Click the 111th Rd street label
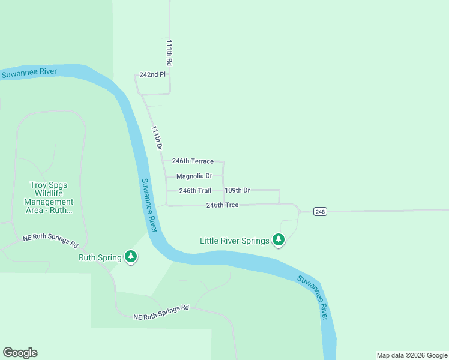tap(170, 53)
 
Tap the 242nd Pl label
tap(152, 75)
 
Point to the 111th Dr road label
tap(156, 138)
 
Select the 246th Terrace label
tap(193, 161)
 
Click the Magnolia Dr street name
tap(194, 176)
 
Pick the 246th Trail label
tap(195, 191)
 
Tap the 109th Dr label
tap(237, 190)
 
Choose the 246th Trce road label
tap(222, 205)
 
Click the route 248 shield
tap(320, 212)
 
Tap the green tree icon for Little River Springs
tap(278, 240)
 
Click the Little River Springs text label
tap(234, 241)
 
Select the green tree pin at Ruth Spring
tap(131, 257)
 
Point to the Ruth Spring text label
tap(100, 258)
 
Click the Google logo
tap(20, 353)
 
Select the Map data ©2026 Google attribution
tap(411, 355)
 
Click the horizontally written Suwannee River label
tap(29, 73)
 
